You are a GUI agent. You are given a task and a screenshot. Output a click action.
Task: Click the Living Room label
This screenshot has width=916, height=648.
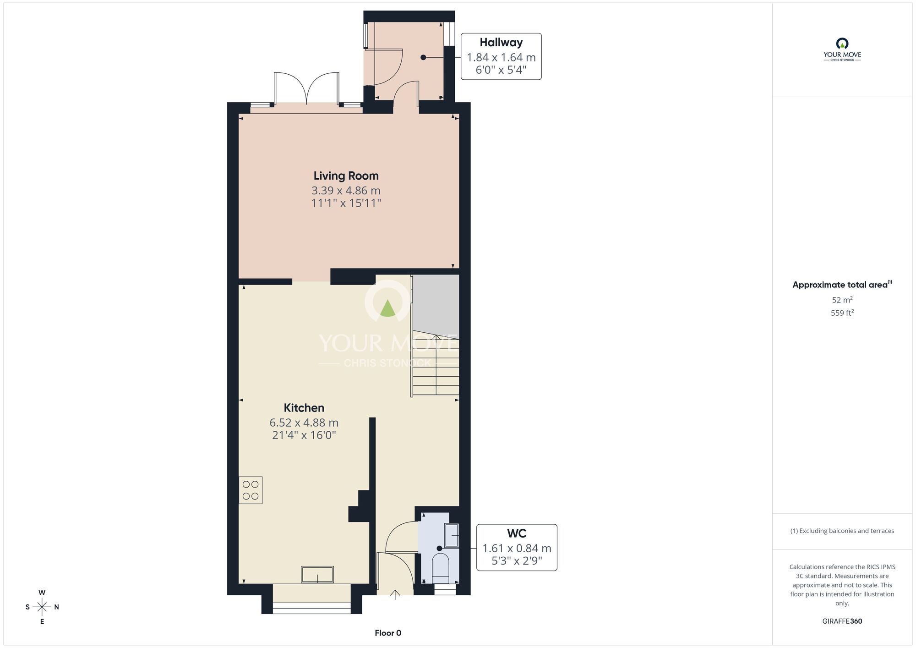click(x=346, y=176)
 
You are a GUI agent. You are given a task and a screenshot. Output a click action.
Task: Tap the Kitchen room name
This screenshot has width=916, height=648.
click(x=304, y=408)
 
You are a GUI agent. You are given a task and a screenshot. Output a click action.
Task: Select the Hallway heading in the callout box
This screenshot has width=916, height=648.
click(x=501, y=43)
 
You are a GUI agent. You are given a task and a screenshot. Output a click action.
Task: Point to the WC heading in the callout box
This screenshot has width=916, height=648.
click(x=517, y=533)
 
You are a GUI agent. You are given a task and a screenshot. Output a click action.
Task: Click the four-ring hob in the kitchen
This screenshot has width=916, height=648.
click(x=251, y=490)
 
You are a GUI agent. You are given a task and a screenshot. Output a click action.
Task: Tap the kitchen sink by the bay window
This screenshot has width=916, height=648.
click(x=317, y=575)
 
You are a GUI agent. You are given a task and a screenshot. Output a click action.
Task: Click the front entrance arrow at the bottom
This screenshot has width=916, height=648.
click(x=395, y=595)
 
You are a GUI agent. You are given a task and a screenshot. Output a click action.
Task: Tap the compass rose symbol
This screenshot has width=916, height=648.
click(x=42, y=607)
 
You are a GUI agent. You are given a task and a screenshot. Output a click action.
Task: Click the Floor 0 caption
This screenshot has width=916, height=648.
click(x=388, y=633)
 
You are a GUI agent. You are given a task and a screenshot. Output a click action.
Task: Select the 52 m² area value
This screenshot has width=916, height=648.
click(x=842, y=300)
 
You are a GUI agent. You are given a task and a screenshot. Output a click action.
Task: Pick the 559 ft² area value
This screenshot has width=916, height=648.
click(x=842, y=313)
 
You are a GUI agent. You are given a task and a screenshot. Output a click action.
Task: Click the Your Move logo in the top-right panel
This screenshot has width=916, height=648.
click(x=842, y=49)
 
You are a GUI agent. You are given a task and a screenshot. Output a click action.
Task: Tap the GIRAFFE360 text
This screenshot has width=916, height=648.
click(x=842, y=621)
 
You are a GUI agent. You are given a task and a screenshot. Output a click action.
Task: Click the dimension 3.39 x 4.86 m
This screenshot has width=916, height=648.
click(x=346, y=191)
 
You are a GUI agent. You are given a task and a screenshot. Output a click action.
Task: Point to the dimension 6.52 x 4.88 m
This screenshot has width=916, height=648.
click(x=304, y=423)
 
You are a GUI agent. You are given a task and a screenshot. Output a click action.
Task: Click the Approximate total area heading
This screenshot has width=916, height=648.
click(x=842, y=285)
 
